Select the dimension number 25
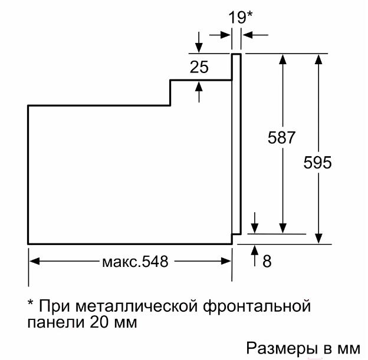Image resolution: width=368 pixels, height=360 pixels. pos(199,67)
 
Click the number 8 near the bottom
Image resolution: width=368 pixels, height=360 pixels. pos(267,260)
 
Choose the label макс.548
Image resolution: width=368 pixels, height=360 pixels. pos(131,262)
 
